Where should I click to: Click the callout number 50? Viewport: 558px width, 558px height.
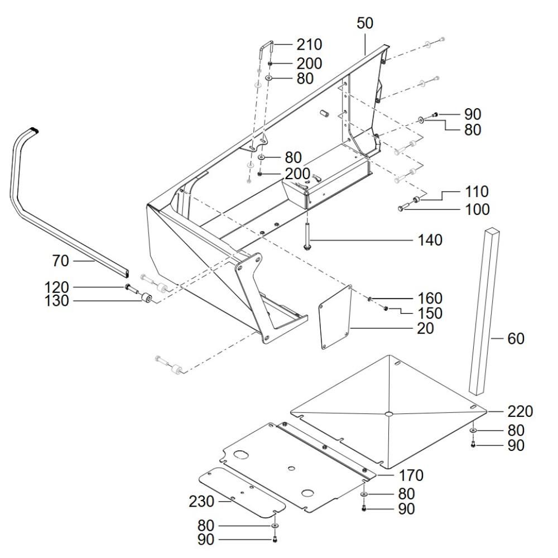(x=365, y=23)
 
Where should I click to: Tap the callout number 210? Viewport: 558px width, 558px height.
(x=309, y=45)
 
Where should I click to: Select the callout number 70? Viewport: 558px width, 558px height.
(x=60, y=261)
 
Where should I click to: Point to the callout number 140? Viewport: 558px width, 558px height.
(x=430, y=240)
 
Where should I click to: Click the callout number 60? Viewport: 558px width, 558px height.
(x=516, y=339)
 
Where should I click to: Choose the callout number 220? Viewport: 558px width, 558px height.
(x=520, y=411)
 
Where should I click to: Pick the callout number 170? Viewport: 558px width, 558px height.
(x=411, y=475)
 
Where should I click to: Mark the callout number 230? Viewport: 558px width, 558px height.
(x=201, y=502)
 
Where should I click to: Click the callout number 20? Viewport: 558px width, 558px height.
(x=426, y=328)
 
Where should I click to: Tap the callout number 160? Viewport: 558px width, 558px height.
(x=430, y=298)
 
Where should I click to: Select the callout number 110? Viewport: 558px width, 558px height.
(x=477, y=192)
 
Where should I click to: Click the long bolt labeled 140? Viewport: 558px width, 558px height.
(x=306, y=235)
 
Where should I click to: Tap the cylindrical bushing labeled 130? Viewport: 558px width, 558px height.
(x=146, y=297)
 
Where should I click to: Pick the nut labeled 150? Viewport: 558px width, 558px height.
(x=386, y=308)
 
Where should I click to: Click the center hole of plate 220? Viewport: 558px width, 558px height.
(x=389, y=413)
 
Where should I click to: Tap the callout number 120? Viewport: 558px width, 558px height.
(x=57, y=287)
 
